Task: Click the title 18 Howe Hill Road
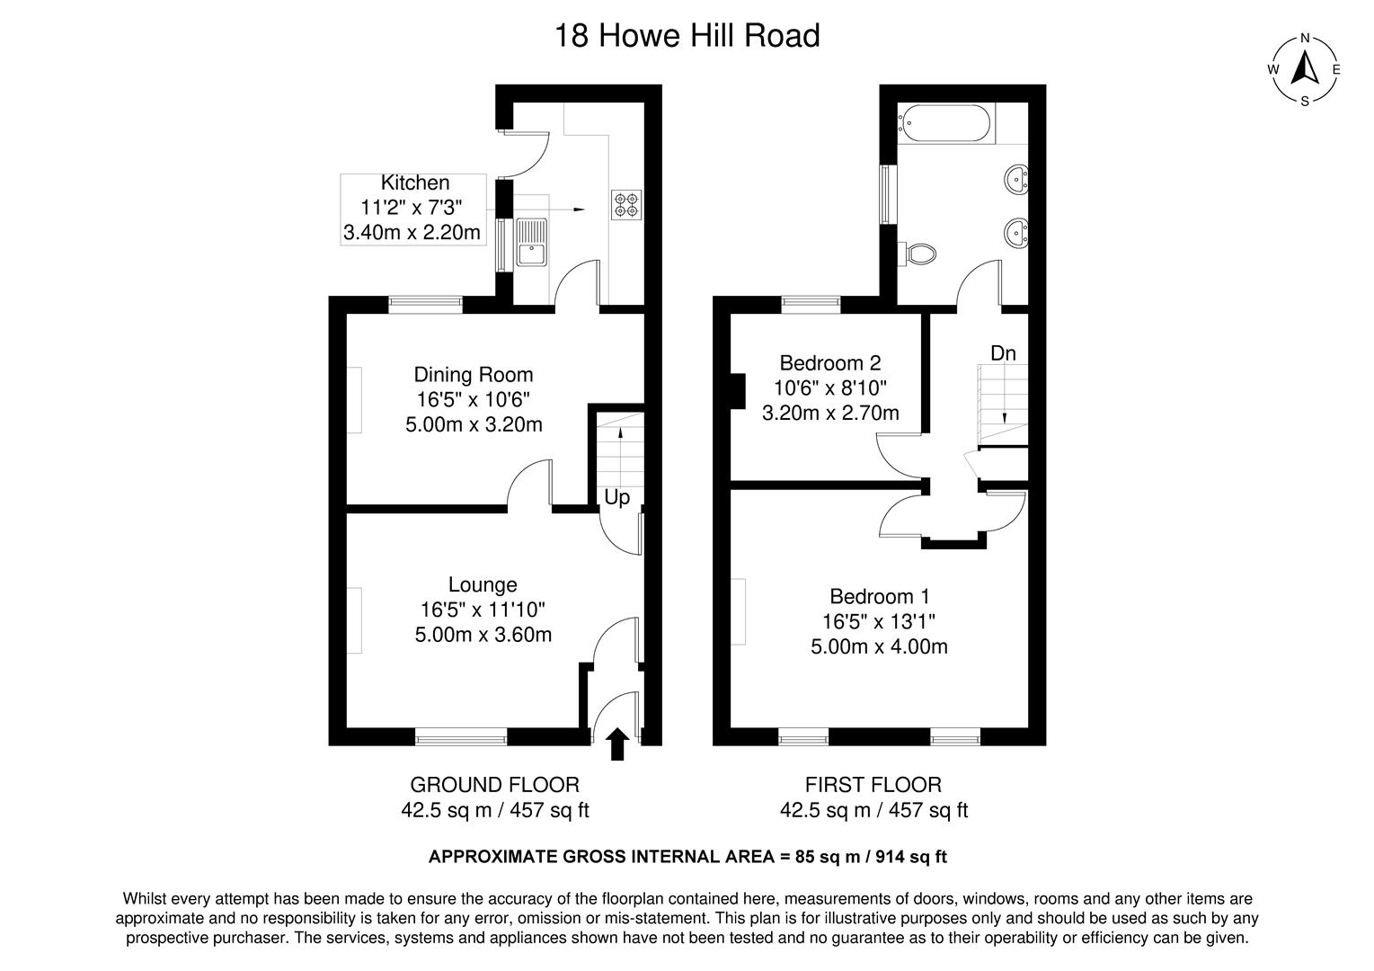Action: [687, 36]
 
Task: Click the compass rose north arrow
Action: [1304, 68]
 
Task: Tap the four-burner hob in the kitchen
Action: [625, 204]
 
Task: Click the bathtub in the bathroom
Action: [945, 123]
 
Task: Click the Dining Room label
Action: [473, 374]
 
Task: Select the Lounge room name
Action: [483, 584]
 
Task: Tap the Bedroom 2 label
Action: [829, 363]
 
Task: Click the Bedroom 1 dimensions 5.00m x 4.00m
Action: [879, 646]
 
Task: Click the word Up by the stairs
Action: [616, 497]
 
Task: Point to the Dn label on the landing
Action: [1003, 353]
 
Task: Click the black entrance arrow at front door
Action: [616, 744]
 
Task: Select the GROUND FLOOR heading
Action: [494, 785]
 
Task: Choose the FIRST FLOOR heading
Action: [873, 785]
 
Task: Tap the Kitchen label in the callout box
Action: [414, 183]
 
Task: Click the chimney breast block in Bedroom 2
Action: [738, 391]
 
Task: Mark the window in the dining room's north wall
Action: [425, 305]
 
